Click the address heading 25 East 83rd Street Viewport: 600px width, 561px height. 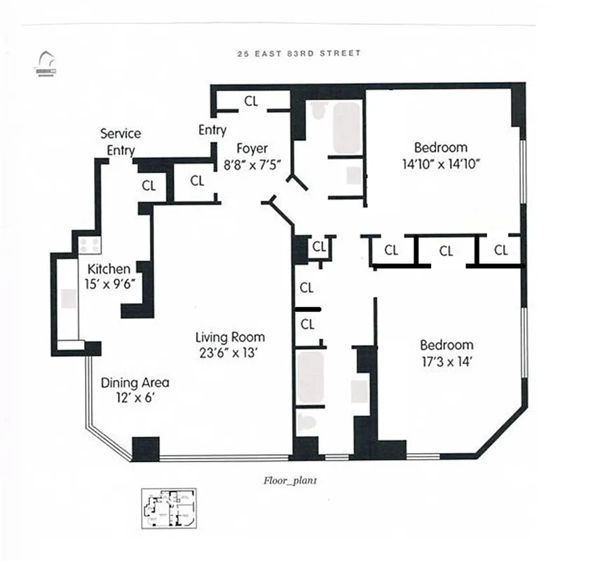click(299, 53)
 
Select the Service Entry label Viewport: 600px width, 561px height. click(121, 142)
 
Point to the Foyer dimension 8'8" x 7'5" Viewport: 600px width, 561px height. click(252, 166)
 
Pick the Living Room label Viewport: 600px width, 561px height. click(230, 337)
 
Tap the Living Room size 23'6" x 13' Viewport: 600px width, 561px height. click(230, 353)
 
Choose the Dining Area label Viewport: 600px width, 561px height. click(135, 383)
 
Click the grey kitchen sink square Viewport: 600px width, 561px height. click(69, 299)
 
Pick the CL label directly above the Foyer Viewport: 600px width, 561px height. click(251, 101)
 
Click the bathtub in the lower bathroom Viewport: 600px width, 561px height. click(310, 377)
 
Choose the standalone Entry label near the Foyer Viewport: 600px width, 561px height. click(212, 130)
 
